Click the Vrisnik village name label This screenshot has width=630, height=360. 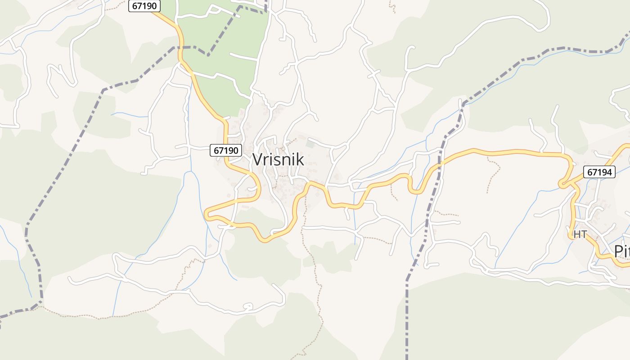click(278, 159)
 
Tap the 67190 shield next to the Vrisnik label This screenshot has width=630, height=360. click(226, 150)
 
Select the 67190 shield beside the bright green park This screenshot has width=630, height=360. click(144, 6)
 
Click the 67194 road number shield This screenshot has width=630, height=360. click(599, 172)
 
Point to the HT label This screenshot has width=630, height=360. click(580, 234)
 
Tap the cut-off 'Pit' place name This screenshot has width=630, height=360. click(621, 251)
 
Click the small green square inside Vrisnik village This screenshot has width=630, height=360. click(310, 144)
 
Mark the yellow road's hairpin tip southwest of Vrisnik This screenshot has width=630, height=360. click(207, 215)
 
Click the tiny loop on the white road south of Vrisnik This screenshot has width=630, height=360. click(247, 307)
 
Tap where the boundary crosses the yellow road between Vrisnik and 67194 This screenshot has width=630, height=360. click(439, 165)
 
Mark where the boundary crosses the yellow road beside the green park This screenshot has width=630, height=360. click(181, 48)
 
